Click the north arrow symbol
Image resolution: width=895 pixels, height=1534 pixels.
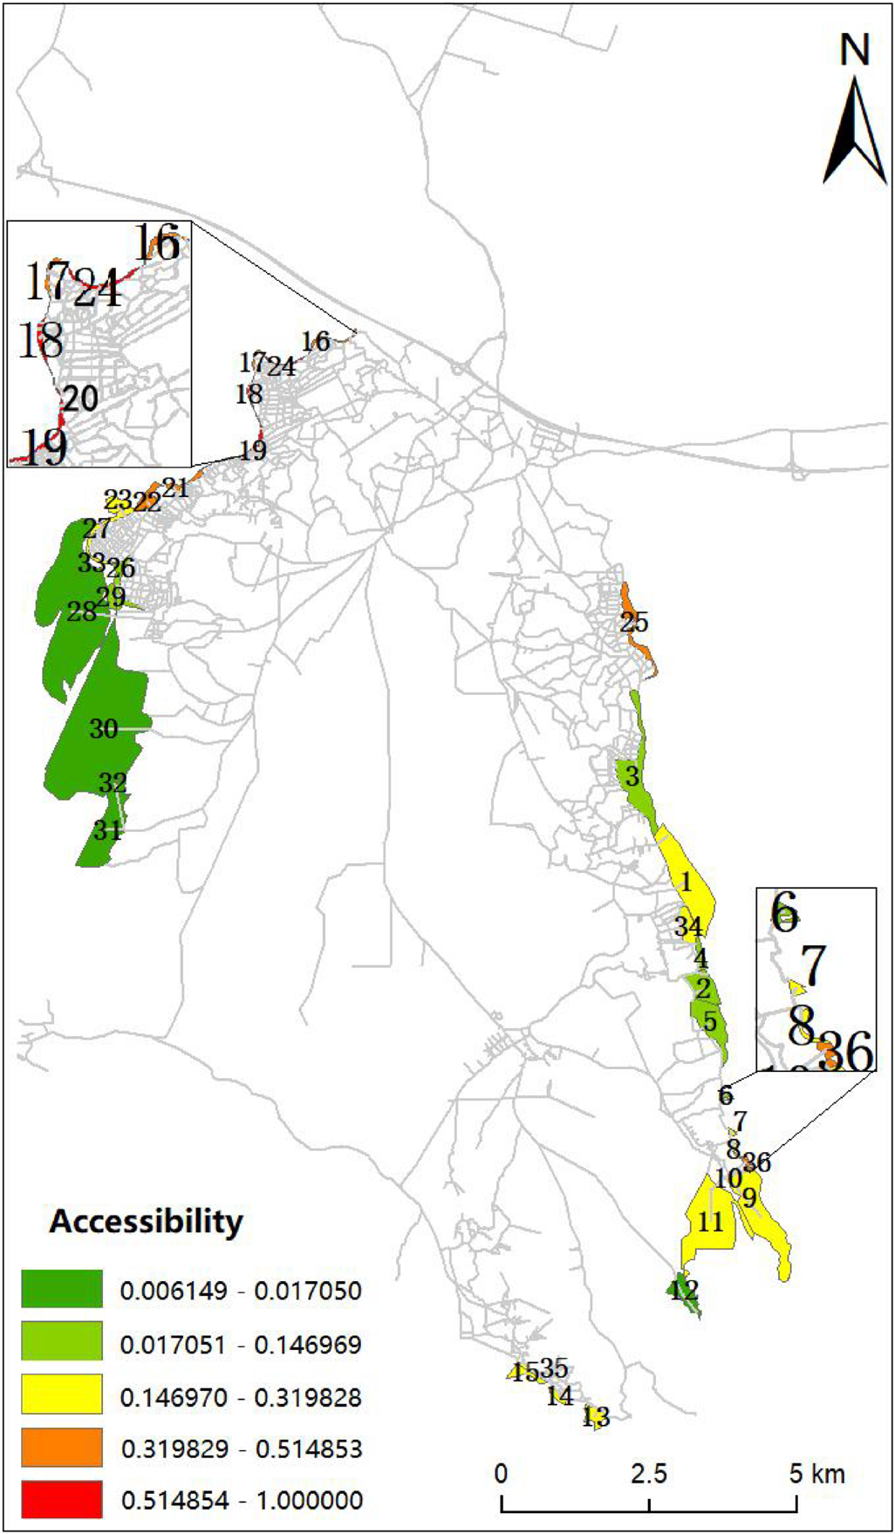855,131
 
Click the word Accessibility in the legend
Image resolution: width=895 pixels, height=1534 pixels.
146,1221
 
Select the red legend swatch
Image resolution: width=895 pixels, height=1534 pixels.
62,1499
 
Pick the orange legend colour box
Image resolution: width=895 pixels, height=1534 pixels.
62,1448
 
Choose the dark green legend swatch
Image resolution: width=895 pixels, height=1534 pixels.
62,1289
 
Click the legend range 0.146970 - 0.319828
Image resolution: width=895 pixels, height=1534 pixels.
241,1397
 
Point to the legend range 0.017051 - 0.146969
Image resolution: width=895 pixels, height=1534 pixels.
241,1344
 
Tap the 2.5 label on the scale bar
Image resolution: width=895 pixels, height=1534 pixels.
649,1473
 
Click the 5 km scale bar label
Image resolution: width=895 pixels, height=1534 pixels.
816,1473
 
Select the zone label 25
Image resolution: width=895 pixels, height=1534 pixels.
634,623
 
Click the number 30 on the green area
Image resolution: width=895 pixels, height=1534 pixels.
104,728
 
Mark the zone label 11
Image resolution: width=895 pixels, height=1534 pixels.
711,1222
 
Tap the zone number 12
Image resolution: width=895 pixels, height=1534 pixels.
684,1289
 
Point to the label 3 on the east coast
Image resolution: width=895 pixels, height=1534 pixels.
632,776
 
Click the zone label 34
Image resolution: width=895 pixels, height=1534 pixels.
687,926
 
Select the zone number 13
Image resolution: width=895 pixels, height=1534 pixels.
596,1417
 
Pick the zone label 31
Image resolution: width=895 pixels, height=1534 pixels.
107,829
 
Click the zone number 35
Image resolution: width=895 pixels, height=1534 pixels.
553,1367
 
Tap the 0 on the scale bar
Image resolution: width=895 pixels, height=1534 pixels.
502,1473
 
